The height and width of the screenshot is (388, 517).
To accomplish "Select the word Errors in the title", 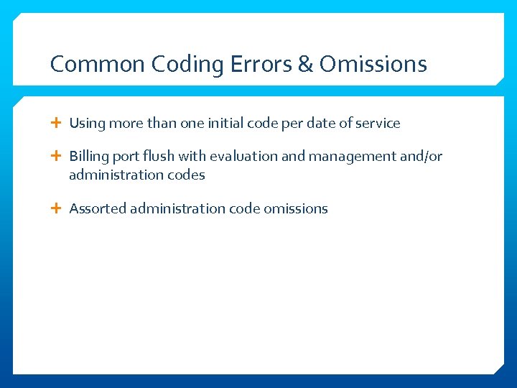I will (x=261, y=65).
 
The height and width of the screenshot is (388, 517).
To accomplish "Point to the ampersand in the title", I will (x=305, y=65).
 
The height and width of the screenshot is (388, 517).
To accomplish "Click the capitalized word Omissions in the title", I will (x=373, y=65).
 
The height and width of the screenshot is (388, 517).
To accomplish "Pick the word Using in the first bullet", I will (x=87, y=124).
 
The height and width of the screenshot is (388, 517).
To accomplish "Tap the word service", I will (x=378, y=124).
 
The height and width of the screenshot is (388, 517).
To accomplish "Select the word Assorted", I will (x=98, y=209).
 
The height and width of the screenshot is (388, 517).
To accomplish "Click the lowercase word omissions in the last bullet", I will (x=296, y=209).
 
